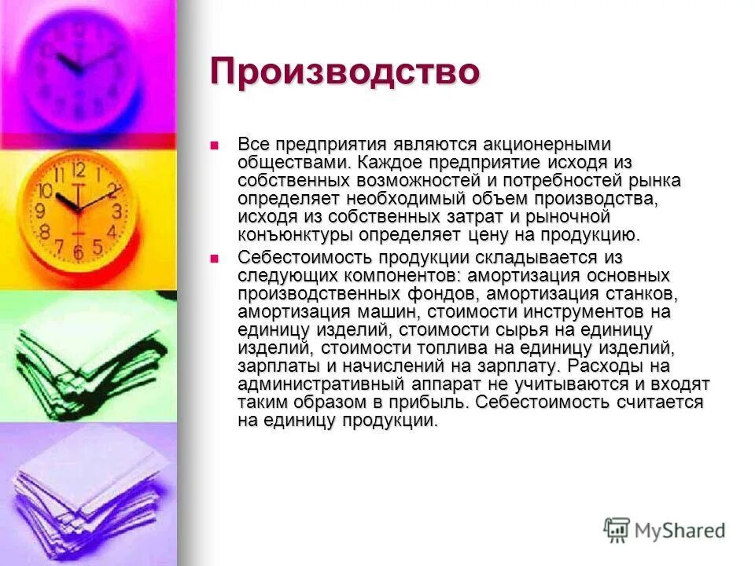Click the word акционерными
543,146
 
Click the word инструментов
554,312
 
